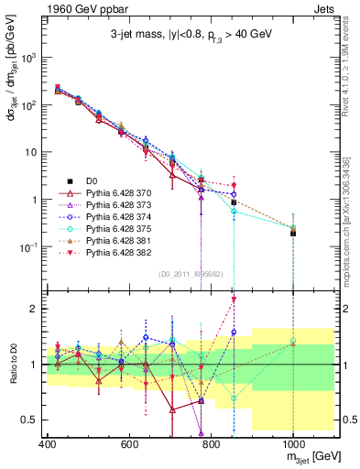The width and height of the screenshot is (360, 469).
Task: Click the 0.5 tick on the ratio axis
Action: point(32,420)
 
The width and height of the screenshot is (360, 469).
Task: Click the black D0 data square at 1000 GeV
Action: point(292,233)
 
